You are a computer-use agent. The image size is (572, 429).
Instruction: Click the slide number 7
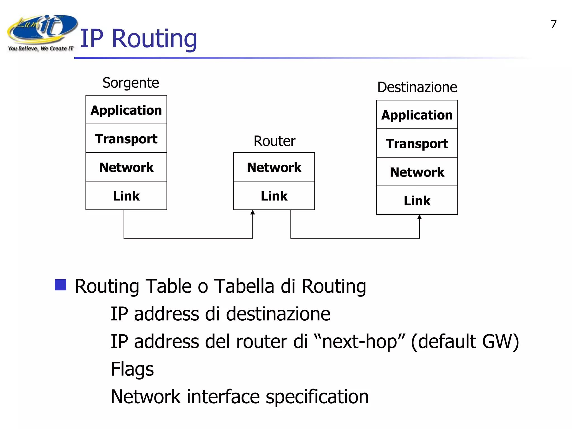point(554,24)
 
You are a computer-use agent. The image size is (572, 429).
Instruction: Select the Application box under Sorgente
point(126,110)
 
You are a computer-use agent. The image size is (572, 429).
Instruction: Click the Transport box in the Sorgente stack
point(126,139)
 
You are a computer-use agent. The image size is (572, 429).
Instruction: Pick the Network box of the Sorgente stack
point(126,167)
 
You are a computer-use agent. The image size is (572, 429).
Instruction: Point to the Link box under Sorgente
point(126,196)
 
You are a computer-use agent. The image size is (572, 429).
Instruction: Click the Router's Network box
point(274,167)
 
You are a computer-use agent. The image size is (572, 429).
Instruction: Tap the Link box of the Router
point(274,196)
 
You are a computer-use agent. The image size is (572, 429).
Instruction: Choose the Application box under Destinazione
point(417,115)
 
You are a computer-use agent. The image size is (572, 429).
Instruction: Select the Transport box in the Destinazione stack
point(417,143)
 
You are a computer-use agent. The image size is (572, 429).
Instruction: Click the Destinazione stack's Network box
point(417,172)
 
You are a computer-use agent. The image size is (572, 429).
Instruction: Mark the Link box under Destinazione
point(417,200)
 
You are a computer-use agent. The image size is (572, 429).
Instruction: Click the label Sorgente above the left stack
point(131,83)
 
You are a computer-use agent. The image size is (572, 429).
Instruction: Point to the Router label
point(274,141)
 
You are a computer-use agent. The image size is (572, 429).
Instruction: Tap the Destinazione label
point(417,87)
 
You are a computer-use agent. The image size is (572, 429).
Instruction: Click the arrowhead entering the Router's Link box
point(252,212)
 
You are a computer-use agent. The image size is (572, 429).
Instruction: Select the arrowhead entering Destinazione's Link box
point(419,217)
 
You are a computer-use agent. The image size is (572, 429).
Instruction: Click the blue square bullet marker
point(60,285)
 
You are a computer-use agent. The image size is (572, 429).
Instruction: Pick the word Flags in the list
point(132,369)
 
